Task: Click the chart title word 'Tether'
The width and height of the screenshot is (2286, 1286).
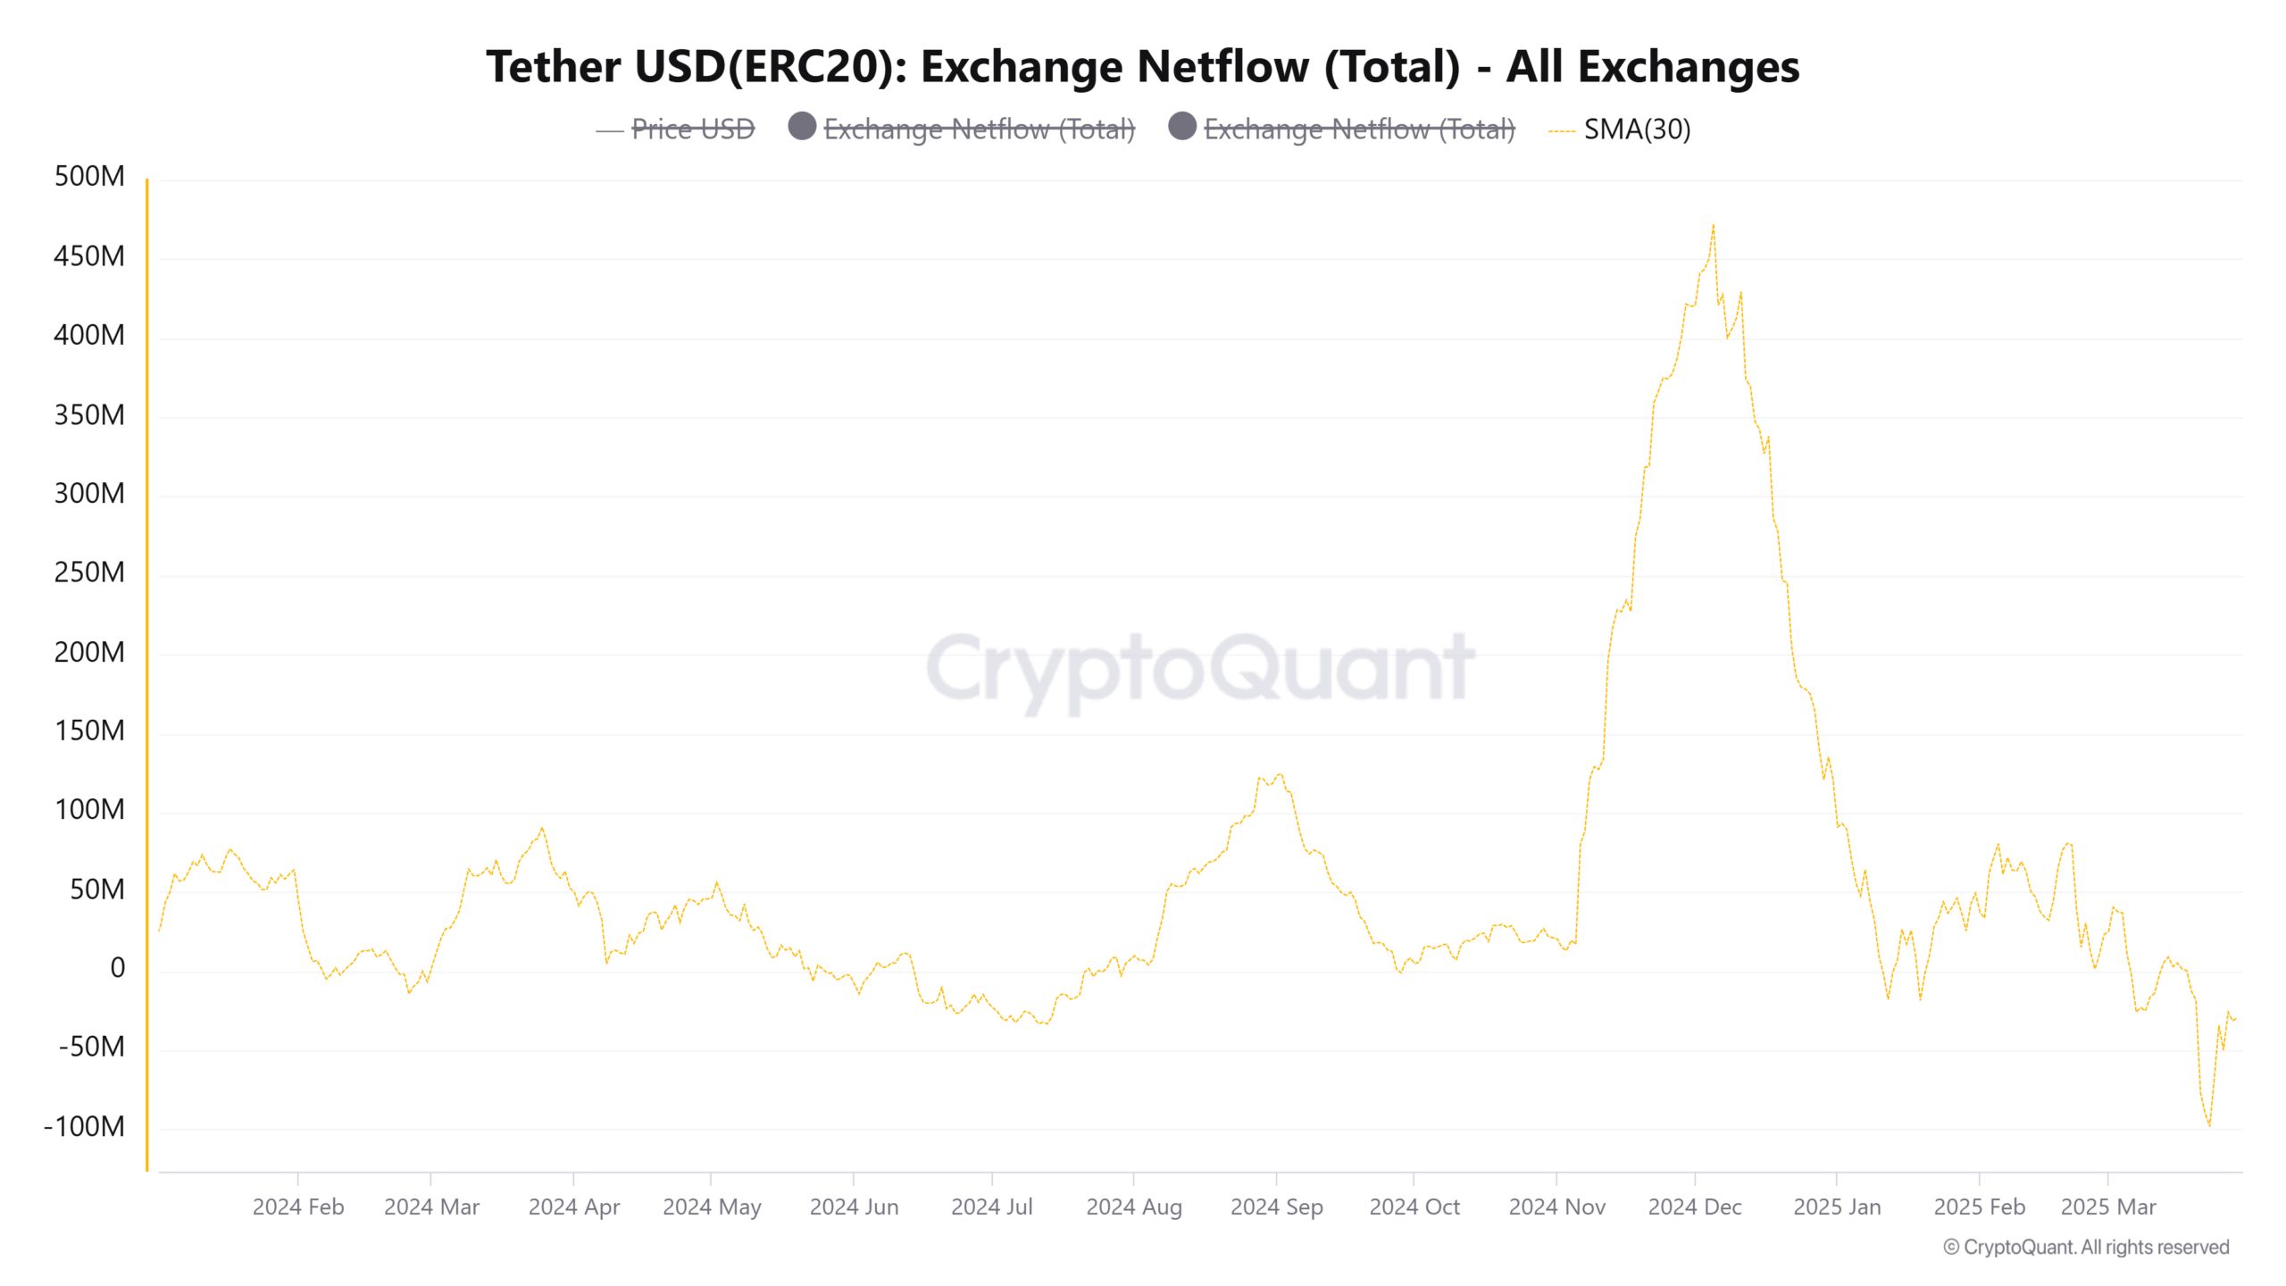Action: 553,67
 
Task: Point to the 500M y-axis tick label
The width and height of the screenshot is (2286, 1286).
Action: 89,176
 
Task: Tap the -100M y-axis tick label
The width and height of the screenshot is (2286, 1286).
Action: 85,1126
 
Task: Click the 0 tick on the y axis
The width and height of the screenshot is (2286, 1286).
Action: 117,968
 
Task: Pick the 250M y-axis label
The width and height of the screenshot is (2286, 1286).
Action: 89,572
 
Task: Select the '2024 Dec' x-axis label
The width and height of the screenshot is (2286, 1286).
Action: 1694,1207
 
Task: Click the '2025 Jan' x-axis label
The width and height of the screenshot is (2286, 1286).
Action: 1836,1207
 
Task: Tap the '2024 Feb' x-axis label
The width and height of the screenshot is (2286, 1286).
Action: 297,1207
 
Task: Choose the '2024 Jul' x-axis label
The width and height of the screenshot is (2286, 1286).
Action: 991,1207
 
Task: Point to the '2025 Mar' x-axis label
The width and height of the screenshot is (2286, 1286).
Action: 2107,1207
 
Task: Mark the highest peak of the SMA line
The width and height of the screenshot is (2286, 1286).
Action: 1713,226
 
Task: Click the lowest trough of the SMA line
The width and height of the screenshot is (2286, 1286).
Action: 2210,1125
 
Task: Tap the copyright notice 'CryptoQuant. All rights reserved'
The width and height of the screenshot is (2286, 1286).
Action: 2086,1247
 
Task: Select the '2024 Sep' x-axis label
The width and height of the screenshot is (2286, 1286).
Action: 1276,1207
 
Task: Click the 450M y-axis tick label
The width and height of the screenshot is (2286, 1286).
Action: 89,256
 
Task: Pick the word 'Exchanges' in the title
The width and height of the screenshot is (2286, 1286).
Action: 1688,67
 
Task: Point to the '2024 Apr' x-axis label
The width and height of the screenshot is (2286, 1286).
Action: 573,1207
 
